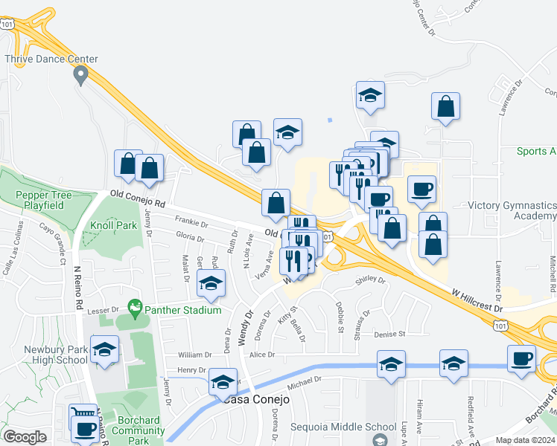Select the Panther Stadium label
tap(182, 310)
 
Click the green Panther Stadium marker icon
tap(135, 306)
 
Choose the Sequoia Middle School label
tap(353, 427)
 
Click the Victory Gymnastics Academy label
tap(512, 210)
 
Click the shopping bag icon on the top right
tap(445, 107)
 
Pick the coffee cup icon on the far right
tap(521, 359)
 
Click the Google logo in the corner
tap(25, 437)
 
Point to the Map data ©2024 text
tap(518, 440)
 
